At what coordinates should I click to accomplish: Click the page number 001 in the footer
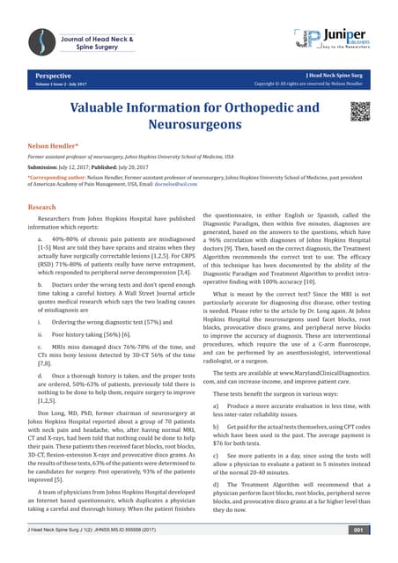[x=357, y=530]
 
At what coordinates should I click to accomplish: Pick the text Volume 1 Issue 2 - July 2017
[x=62, y=85]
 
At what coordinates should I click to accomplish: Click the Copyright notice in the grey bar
[x=310, y=85]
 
